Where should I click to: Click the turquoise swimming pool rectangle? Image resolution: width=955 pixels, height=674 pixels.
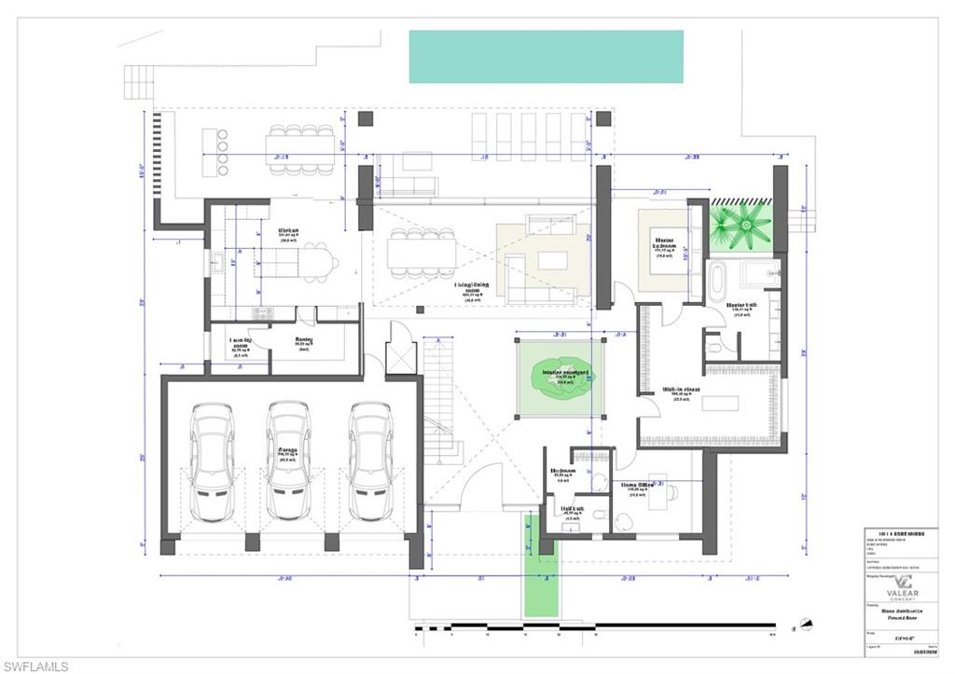pos(546,56)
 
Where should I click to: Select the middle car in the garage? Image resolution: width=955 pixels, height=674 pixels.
pos(287,461)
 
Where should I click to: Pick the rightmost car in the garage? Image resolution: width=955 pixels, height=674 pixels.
pos(370,461)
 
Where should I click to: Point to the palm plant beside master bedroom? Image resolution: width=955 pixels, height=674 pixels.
pos(740,225)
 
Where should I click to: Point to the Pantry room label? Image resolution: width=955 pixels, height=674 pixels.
pos(304,341)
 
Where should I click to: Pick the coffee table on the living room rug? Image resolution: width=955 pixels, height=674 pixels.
pos(552,260)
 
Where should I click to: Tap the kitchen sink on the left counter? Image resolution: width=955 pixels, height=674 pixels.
pos(215,266)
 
